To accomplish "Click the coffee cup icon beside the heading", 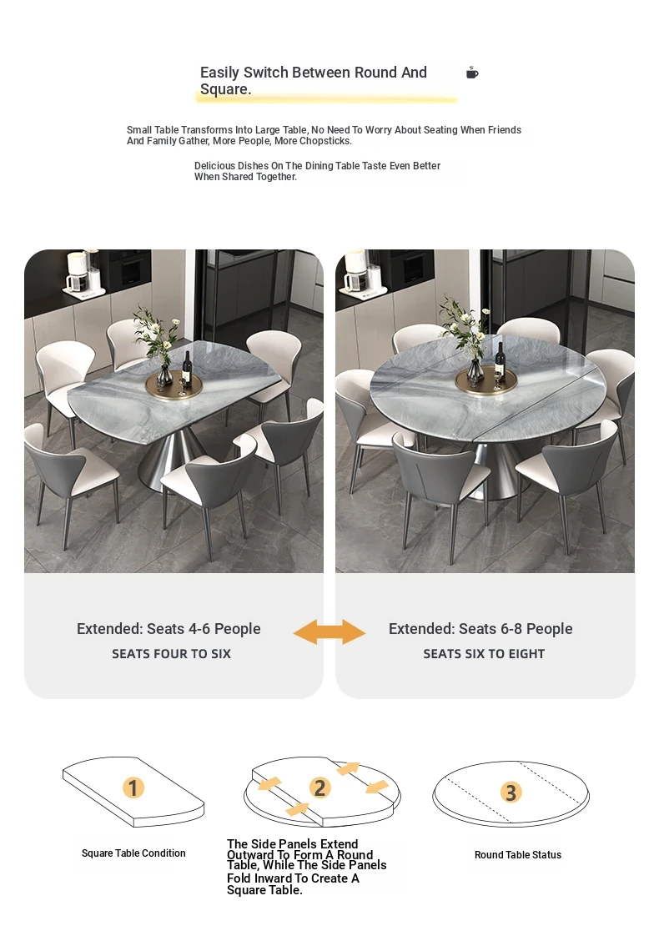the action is click(x=472, y=73).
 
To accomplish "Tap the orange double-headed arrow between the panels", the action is click(x=329, y=632).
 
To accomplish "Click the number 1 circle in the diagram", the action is click(x=133, y=788).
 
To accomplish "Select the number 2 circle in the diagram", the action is click(x=319, y=788).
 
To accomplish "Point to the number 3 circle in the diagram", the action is click(x=511, y=793).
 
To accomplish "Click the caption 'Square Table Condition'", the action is click(x=133, y=853).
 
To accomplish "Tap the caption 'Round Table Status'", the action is click(x=518, y=854).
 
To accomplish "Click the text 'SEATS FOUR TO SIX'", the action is click(x=171, y=654).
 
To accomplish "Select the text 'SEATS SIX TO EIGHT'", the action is click(x=484, y=654).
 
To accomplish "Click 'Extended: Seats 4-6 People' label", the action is click(x=169, y=629).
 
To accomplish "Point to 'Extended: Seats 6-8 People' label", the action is click(x=480, y=629).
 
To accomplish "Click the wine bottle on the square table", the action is click(x=187, y=367).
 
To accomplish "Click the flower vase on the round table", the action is click(x=475, y=369).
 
